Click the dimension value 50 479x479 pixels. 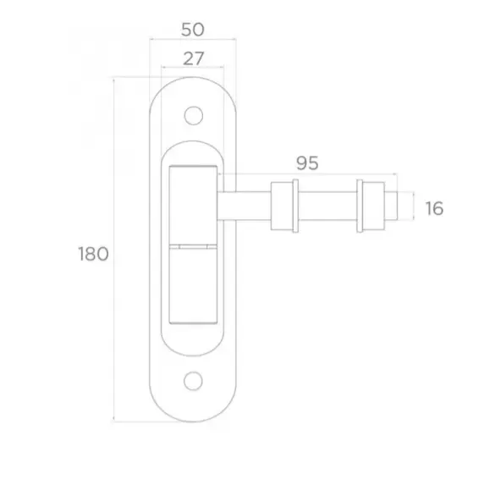point(193,29)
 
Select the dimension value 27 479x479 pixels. point(193,58)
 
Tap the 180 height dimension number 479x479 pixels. point(92,253)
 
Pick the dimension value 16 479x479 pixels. point(434,207)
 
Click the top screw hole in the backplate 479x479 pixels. point(194,113)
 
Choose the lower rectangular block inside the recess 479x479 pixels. point(194,284)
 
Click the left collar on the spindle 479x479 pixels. point(283,206)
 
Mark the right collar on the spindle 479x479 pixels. point(371,206)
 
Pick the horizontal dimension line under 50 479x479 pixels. point(193,39)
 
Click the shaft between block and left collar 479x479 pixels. point(245,206)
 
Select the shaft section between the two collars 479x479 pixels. point(327,206)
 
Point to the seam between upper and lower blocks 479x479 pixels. point(194,245)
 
